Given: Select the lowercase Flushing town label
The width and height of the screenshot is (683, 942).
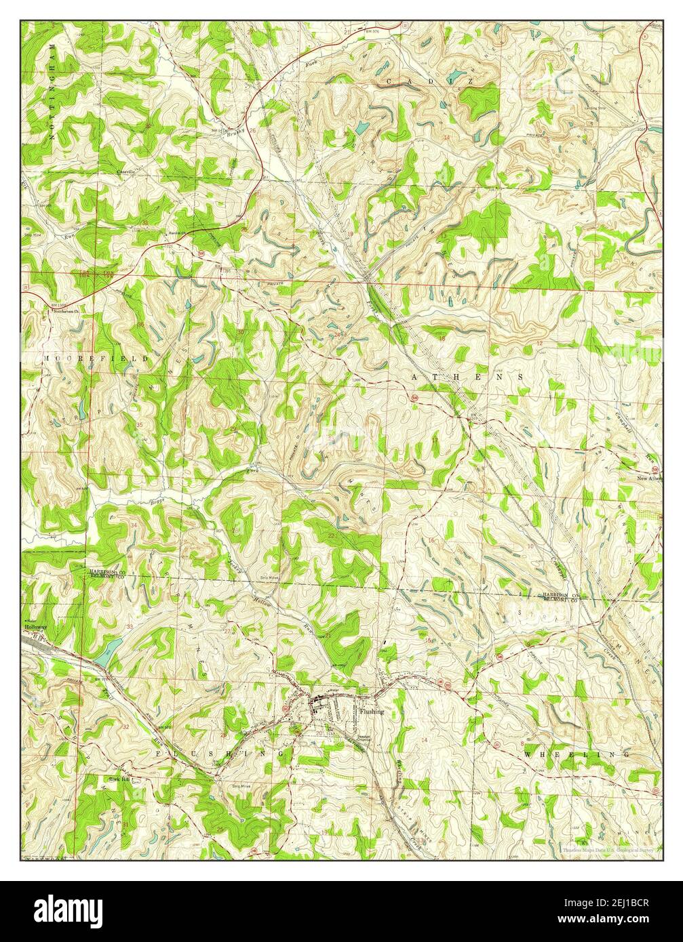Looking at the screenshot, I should pos(372,712).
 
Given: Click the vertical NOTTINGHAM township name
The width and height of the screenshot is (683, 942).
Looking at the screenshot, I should pos(52,91).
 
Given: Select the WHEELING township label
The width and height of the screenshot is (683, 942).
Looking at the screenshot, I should pos(577,754).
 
